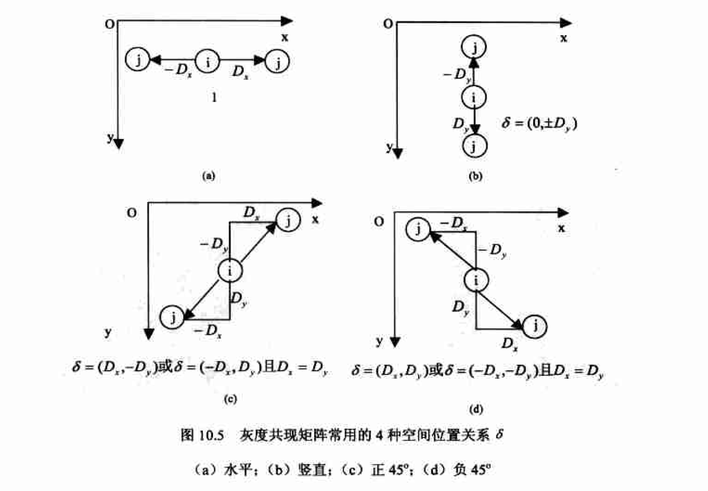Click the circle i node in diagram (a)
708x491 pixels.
pyautogui.click(x=207, y=62)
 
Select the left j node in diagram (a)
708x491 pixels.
pyautogui.click(x=138, y=60)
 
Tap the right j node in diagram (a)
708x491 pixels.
pyautogui.click(x=278, y=62)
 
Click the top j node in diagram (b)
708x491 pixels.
pyautogui.click(x=474, y=47)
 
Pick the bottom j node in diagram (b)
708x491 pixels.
pyautogui.click(x=474, y=146)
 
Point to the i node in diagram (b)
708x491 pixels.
pyautogui.click(x=474, y=97)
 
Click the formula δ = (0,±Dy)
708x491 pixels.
pyautogui.click(x=539, y=123)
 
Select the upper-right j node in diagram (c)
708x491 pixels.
pyautogui.click(x=288, y=220)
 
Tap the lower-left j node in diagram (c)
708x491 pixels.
pyautogui.click(x=172, y=317)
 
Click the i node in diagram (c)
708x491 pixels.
pyautogui.click(x=230, y=270)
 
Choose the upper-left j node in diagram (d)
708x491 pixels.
pyautogui.click(x=418, y=229)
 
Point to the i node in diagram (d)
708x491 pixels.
pyautogui.click(x=476, y=280)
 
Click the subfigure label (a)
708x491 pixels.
pyautogui.click(x=209, y=176)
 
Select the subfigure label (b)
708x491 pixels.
pyautogui.click(x=475, y=176)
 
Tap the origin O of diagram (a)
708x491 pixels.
pyautogui.click(x=110, y=24)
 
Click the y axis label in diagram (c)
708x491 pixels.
pyautogui.click(x=108, y=333)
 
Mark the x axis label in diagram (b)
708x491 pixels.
pyautogui.click(x=563, y=38)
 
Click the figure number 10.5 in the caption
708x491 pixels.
pyautogui.click(x=211, y=435)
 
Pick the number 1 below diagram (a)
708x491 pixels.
pyautogui.click(x=214, y=97)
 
